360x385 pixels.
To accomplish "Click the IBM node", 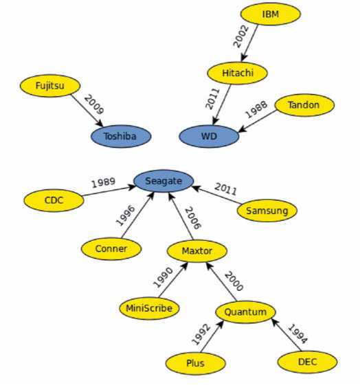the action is [x=270, y=14].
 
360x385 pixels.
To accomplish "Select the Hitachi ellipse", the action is [x=237, y=73].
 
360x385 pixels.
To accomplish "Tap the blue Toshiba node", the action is [x=121, y=137].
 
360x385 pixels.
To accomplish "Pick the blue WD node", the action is [x=209, y=137].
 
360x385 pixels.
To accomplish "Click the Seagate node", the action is [x=164, y=181].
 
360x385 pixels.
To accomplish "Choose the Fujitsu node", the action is [x=50, y=86].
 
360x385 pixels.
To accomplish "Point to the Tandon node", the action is [x=304, y=105].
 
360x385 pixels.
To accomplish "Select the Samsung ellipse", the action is [x=267, y=211].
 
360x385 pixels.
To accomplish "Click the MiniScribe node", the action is [x=149, y=308].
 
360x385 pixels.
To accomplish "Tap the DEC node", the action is [x=307, y=362].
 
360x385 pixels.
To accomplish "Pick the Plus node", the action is [x=195, y=363].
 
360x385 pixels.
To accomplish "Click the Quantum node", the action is [x=245, y=312].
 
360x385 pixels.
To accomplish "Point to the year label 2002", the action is [x=241, y=36].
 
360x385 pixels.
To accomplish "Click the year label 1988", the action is [x=256, y=109].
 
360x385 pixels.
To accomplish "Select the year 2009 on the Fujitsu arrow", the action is [x=94, y=105].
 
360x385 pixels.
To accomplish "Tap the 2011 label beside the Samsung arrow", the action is [x=225, y=189].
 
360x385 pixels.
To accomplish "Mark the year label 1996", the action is [x=125, y=215].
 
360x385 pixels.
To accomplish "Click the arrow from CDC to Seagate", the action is [x=109, y=191].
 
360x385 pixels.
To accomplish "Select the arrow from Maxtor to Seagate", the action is [x=181, y=216].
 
